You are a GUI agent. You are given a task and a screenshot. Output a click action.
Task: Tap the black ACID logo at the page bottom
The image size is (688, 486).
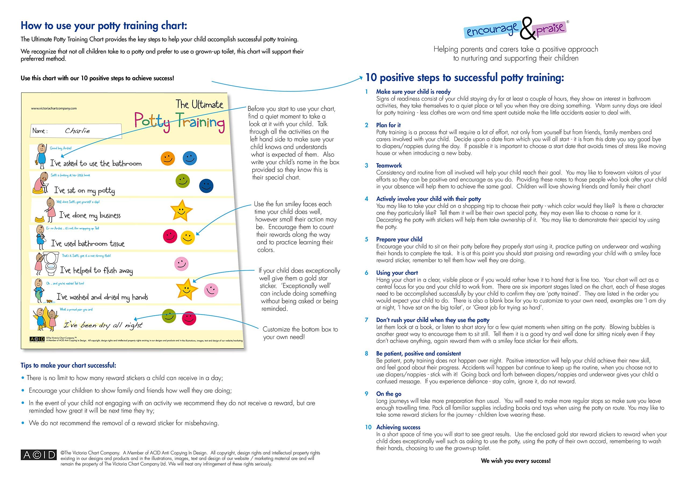tap(39, 455)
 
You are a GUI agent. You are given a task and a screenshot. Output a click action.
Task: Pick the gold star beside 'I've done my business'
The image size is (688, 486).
tap(181, 210)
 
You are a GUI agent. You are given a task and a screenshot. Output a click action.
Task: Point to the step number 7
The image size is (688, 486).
tap(367, 320)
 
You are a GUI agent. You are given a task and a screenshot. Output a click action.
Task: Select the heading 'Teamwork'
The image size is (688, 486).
tap(389, 165)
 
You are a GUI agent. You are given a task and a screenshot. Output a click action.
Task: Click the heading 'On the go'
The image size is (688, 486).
tap(389, 394)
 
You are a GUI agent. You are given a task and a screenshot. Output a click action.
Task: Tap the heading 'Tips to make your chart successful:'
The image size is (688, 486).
tap(68, 365)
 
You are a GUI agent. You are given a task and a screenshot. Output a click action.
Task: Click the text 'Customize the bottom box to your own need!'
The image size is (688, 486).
tap(300, 333)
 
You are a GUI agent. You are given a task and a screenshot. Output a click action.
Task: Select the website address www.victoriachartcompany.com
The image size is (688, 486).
tap(54, 108)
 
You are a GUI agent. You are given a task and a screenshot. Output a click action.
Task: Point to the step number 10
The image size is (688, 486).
tap(368, 427)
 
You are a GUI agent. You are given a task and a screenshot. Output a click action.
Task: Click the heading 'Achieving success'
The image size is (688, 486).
tap(398, 427)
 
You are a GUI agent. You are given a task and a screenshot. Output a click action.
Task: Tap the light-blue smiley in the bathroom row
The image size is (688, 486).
tap(190, 158)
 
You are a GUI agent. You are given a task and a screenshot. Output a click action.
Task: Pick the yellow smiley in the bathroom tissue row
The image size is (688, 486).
tap(188, 237)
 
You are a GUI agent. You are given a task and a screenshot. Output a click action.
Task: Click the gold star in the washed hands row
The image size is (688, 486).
tap(187, 288)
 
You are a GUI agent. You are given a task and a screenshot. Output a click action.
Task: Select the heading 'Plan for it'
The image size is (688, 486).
tap(388, 125)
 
